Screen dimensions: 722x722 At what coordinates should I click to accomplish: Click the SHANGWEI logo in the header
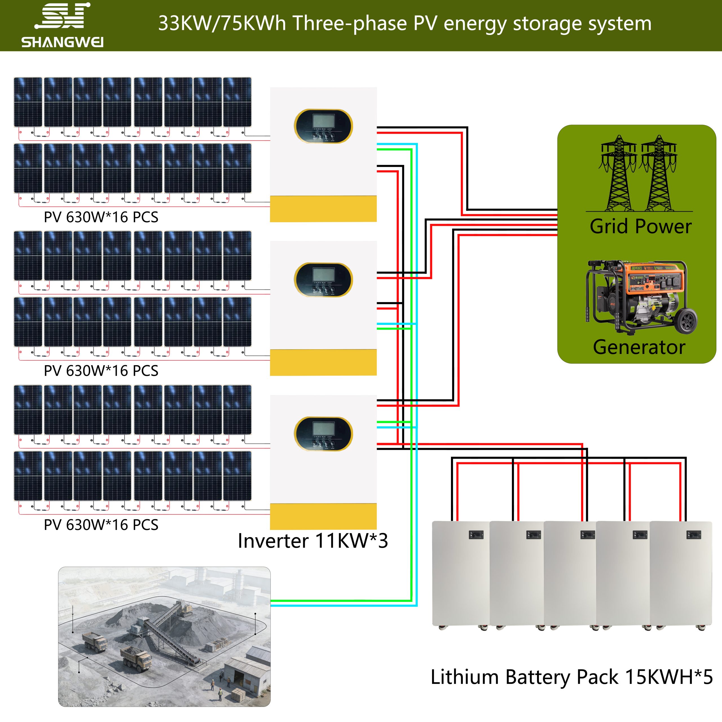click(x=62, y=25)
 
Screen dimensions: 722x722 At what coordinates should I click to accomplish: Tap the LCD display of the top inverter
click(x=323, y=121)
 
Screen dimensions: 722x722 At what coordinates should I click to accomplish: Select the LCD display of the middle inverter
click(x=323, y=275)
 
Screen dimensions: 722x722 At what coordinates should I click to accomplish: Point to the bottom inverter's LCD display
click(x=323, y=429)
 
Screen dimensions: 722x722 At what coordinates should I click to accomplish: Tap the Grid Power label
click(x=640, y=226)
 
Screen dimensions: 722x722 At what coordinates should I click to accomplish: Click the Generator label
click(x=639, y=347)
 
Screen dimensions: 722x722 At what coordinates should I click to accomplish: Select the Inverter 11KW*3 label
click(x=313, y=541)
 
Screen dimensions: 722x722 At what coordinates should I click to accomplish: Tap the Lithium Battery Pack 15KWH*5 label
click(x=571, y=677)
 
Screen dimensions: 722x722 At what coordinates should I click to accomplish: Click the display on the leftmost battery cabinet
click(x=476, y=535)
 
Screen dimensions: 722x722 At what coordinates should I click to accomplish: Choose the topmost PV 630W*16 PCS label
click(x=101, y=217)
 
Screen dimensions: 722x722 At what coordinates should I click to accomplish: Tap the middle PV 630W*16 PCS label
click(x=101, y=371)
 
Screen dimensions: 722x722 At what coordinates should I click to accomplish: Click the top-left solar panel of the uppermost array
click(x=28, y=102)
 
